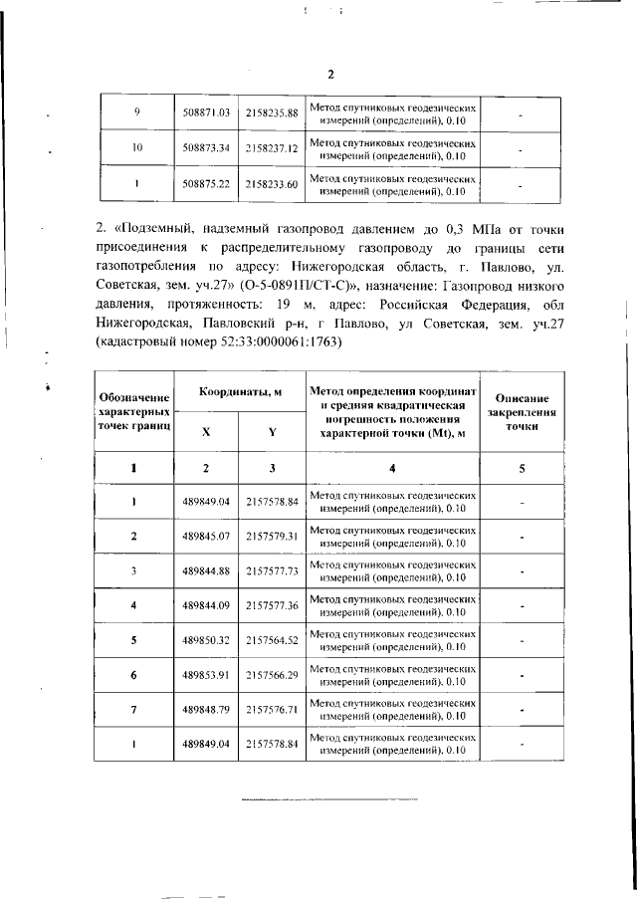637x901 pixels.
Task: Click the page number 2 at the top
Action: tap(331, 75)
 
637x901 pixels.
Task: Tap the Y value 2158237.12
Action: tap(272, 148)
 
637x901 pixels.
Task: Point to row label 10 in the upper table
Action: tap(136, 148)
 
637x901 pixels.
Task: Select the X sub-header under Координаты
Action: tap(207, 432)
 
